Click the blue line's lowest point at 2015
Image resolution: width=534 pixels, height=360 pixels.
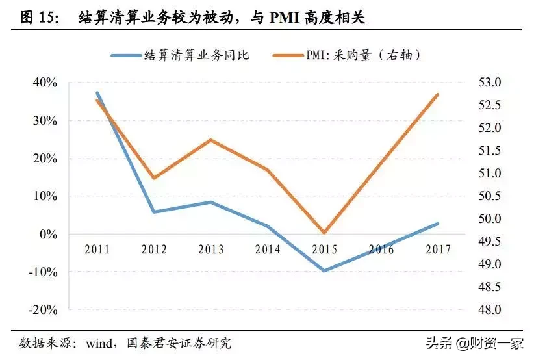[x=324, y=270]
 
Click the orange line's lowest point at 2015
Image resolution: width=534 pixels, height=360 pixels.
[x=324, y=233]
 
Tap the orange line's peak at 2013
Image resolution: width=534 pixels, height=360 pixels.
[x=210, y=140]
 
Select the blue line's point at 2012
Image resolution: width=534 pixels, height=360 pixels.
[x=154, y=212]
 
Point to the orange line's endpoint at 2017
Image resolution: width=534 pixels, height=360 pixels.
[x=437, y=94]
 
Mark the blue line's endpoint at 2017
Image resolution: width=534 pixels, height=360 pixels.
[x=437, y=224]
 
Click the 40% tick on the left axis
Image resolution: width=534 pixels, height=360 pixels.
[x=44, y=83]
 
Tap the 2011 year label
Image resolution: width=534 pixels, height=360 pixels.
[x=97, y=250]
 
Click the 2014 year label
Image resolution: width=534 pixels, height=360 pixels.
[x=267, y=250]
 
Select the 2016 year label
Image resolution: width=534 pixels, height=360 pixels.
[x=381, y=250]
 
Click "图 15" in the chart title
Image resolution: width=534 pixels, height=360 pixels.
[x=36, y=18]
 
